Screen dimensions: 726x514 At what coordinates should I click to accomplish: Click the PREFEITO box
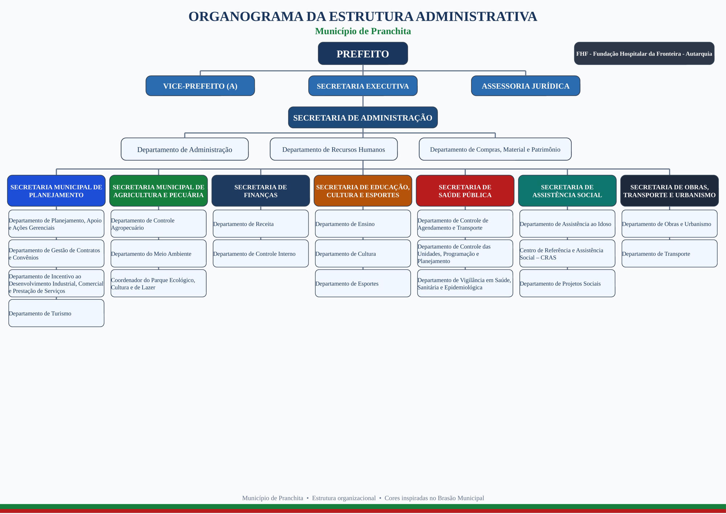[x=363, y=53]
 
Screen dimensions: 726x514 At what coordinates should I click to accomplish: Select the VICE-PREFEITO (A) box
[x=200, y=86]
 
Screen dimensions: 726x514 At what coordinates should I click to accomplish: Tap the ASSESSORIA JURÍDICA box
[x=525, y=86]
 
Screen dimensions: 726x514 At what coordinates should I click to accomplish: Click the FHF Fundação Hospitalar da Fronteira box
[x=644, y=53]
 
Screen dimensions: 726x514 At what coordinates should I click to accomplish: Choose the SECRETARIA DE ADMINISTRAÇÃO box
[x=363, y=117]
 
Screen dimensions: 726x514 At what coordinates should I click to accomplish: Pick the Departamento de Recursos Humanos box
[x=334, y=149]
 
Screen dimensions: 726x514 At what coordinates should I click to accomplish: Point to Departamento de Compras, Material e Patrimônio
[x=495, y=149]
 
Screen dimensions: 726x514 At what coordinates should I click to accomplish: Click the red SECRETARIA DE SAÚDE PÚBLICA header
[x=465, y=191]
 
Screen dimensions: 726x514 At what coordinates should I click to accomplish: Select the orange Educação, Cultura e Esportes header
[x=363, y=191]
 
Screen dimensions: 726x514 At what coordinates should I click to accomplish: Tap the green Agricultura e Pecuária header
[x=158, y=191]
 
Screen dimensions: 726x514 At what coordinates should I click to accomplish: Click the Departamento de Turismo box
[x=56, y=313]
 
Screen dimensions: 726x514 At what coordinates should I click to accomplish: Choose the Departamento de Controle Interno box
[x=261, y=254]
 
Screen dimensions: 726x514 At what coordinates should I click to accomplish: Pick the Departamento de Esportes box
[x=363, y=283]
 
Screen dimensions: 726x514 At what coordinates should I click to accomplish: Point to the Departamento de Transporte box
[x=669, y=254]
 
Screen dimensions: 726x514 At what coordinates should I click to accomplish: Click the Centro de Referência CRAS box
[x=567, y=254]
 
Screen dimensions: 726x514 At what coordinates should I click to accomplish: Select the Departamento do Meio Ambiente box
[x=158, y=254]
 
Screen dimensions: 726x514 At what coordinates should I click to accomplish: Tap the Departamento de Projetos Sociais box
[x=567, y=283]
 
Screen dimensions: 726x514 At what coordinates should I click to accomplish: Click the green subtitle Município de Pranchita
[x=363, y=31]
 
